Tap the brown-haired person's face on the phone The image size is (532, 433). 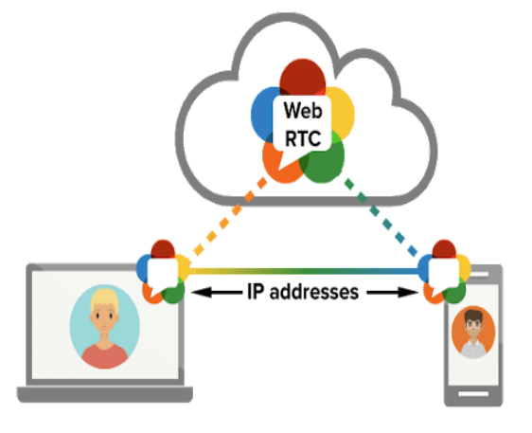pos(472,327)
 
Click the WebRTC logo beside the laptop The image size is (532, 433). pos(161,272)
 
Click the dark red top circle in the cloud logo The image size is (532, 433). pos(303,78)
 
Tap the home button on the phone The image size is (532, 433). pos(472,392)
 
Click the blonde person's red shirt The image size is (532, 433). pos(104,355)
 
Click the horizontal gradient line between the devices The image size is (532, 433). pos(303,272)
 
